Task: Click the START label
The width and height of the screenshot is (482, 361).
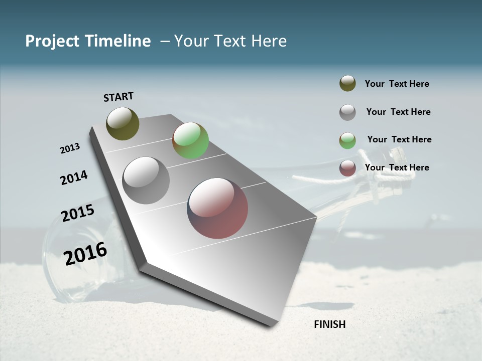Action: coord(118,97)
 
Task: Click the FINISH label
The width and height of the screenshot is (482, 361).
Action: coord(330,324)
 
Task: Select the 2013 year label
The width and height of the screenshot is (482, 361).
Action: coord(70,148)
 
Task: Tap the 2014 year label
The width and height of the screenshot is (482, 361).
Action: coord(74,178)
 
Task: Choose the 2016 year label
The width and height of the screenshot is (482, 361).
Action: coord(85,253)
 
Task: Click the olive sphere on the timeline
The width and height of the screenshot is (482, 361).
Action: coord(123,123)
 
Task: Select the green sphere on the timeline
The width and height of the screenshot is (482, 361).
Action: coord(190,140)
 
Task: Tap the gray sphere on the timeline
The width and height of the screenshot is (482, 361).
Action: coord(146,180)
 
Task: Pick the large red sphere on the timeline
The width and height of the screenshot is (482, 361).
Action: coord(217,208)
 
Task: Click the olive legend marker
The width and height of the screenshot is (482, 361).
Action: coord(347,83)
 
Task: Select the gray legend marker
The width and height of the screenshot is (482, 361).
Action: coord(347,112)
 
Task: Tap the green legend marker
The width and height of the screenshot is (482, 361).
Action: coord(347,140)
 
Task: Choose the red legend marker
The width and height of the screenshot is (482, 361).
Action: coord(347,168)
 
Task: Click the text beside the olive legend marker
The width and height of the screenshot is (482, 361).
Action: coord(397,84)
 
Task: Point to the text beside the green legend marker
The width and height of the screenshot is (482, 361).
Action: coord(399,139)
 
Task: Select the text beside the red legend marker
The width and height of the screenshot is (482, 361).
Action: coord(397,167)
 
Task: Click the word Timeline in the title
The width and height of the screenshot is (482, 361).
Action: coord(115,41)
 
